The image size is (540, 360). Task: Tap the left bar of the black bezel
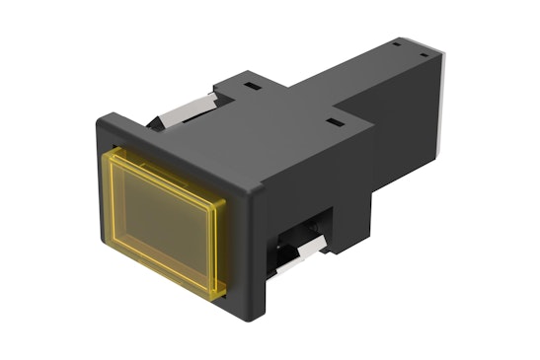point(97,197)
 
